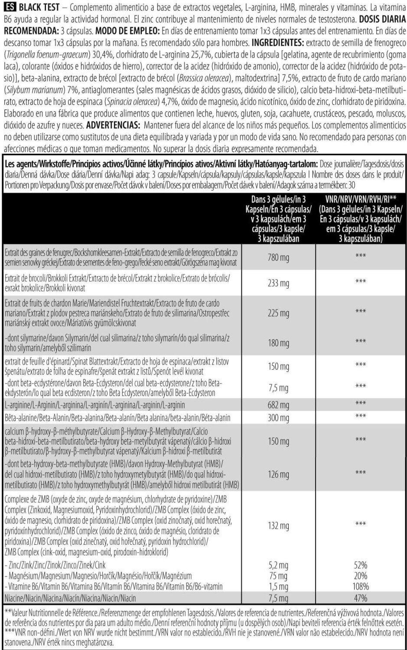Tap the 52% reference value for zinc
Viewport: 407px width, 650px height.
point(360,565)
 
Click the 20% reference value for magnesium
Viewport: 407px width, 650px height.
point(360,576)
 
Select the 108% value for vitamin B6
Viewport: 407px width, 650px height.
point(360,587)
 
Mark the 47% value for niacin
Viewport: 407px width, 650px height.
point(360,598)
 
